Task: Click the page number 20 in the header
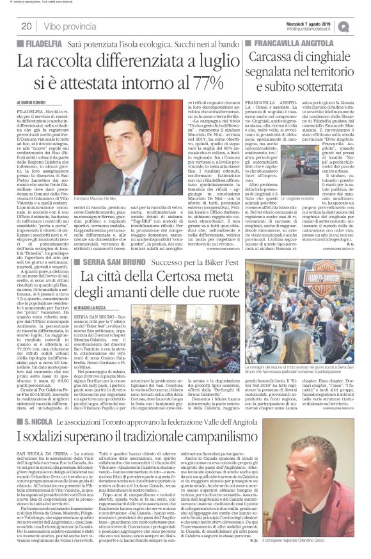(27, 26)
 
